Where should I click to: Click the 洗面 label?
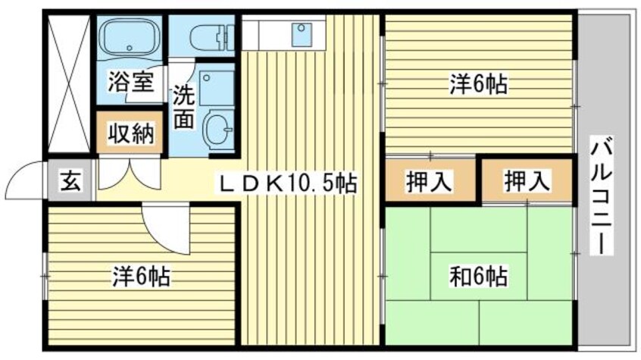[184, 107]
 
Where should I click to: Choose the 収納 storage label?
[129, 134]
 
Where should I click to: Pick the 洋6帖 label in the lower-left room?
[140, 277]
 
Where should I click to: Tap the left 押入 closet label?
[430, 182]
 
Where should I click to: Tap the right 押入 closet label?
[527, 182]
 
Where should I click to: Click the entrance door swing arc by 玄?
[27, 180]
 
